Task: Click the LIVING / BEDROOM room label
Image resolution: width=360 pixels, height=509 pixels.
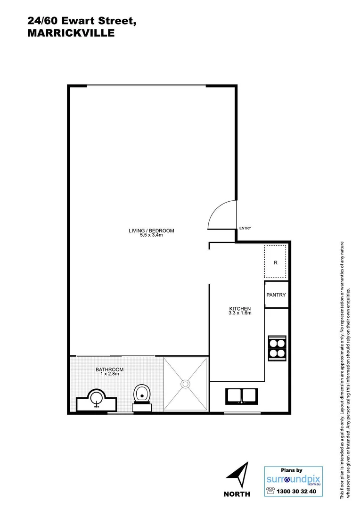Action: click(x=151, y=230)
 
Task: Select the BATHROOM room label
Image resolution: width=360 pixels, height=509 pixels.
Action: click(x=109, y=369)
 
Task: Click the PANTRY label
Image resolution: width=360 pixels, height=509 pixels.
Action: click(x=276, y=295)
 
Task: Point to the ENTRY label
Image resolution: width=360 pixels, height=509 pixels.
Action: click(x=245, y=228)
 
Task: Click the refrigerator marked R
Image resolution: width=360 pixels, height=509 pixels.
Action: click(x=275, y=262)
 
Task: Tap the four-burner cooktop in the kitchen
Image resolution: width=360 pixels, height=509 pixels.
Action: click(x=276, y=347)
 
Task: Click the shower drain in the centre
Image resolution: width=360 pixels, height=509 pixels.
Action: click(x=185, y=384)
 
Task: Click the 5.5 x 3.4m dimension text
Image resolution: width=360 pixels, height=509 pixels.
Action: click(x=151, y=235)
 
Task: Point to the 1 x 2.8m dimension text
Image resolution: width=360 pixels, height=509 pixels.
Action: click(x=109, y=374)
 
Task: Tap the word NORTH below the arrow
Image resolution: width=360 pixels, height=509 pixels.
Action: click(x=237, y=494)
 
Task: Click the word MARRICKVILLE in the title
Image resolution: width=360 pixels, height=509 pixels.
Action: click(x=71, y=33)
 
